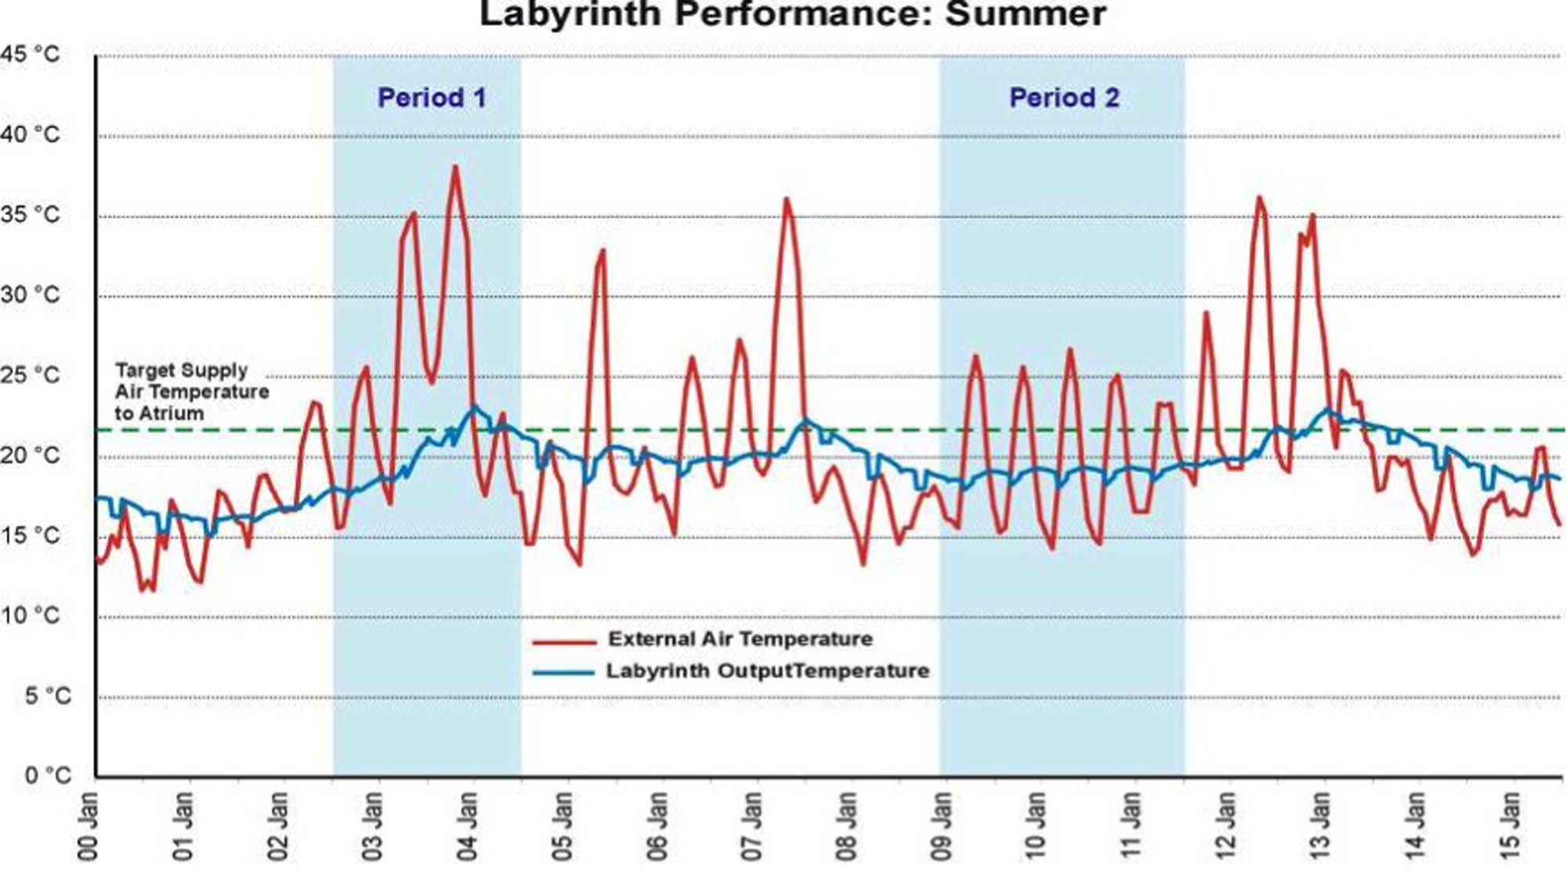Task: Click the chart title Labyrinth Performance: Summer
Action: [791, 14]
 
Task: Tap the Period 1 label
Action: [432, 98]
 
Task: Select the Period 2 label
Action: [1064, 98]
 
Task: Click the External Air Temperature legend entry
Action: [740, 639]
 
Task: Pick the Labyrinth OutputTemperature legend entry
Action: [768, 671]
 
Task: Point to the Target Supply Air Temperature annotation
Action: [191, 392]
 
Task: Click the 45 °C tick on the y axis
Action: [30, 54]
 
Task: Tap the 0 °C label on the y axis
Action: [47, 775]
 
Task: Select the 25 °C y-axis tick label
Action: [30, 375]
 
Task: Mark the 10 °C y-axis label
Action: [30, 616]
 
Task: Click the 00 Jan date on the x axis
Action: [89, 825]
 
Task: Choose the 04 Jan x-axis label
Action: [468, 825]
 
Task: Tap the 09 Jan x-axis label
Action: [942, 825]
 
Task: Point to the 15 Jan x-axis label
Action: [1510, 825]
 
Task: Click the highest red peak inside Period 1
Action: [455, 167]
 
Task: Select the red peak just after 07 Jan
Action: [787, 199]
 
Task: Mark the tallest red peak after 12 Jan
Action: [1259, 197]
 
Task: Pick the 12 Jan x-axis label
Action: [1226, 825]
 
